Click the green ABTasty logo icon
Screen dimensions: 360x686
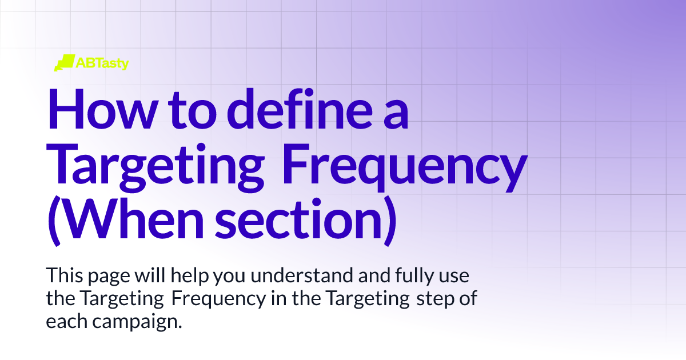64,63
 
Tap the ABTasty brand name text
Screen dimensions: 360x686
102,63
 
